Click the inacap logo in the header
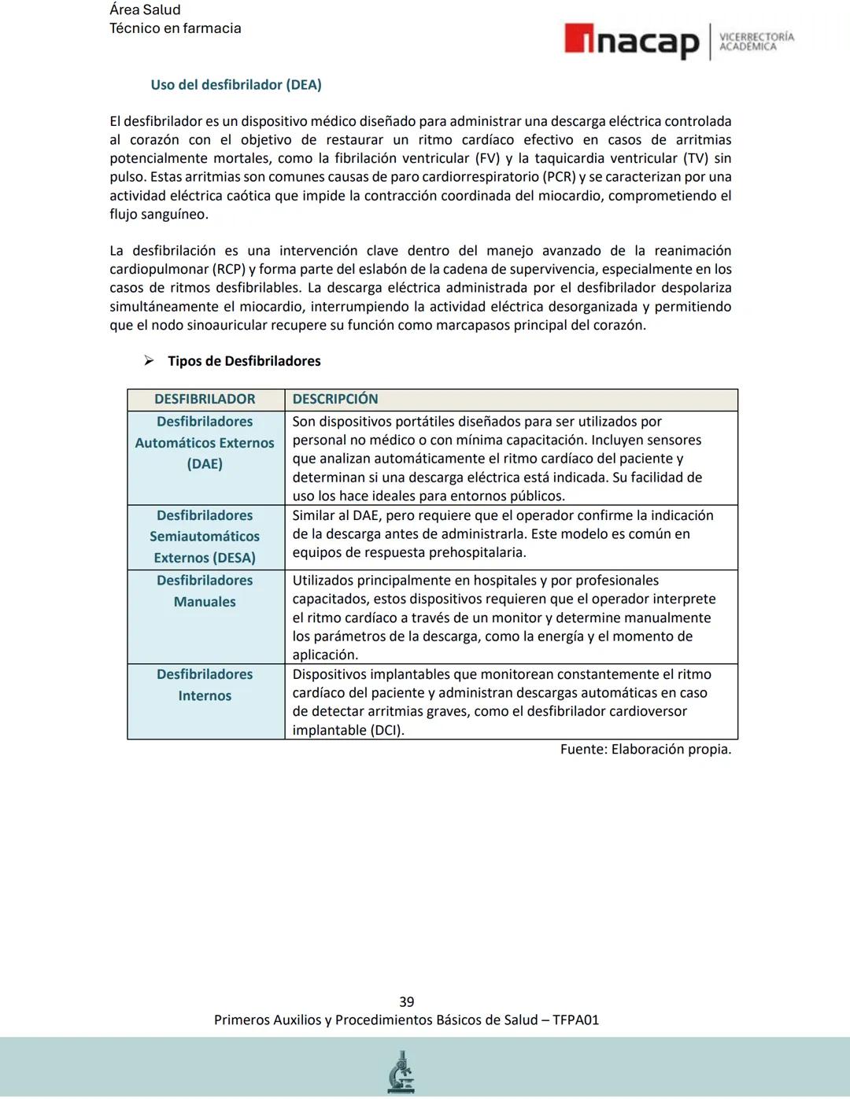631,41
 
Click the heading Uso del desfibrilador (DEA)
236,85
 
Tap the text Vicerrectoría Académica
756,42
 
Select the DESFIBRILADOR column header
205,400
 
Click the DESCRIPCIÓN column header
335,400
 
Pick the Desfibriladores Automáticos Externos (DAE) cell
205,443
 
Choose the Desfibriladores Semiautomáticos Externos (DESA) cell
205,537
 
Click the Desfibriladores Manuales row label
205,591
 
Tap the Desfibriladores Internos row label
205,685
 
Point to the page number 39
407,1002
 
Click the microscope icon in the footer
401,1072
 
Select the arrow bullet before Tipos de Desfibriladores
149,361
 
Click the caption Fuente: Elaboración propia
645,750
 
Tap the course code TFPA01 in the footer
575,1020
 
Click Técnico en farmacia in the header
176,28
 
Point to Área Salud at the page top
145,10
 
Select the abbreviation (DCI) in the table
386,730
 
